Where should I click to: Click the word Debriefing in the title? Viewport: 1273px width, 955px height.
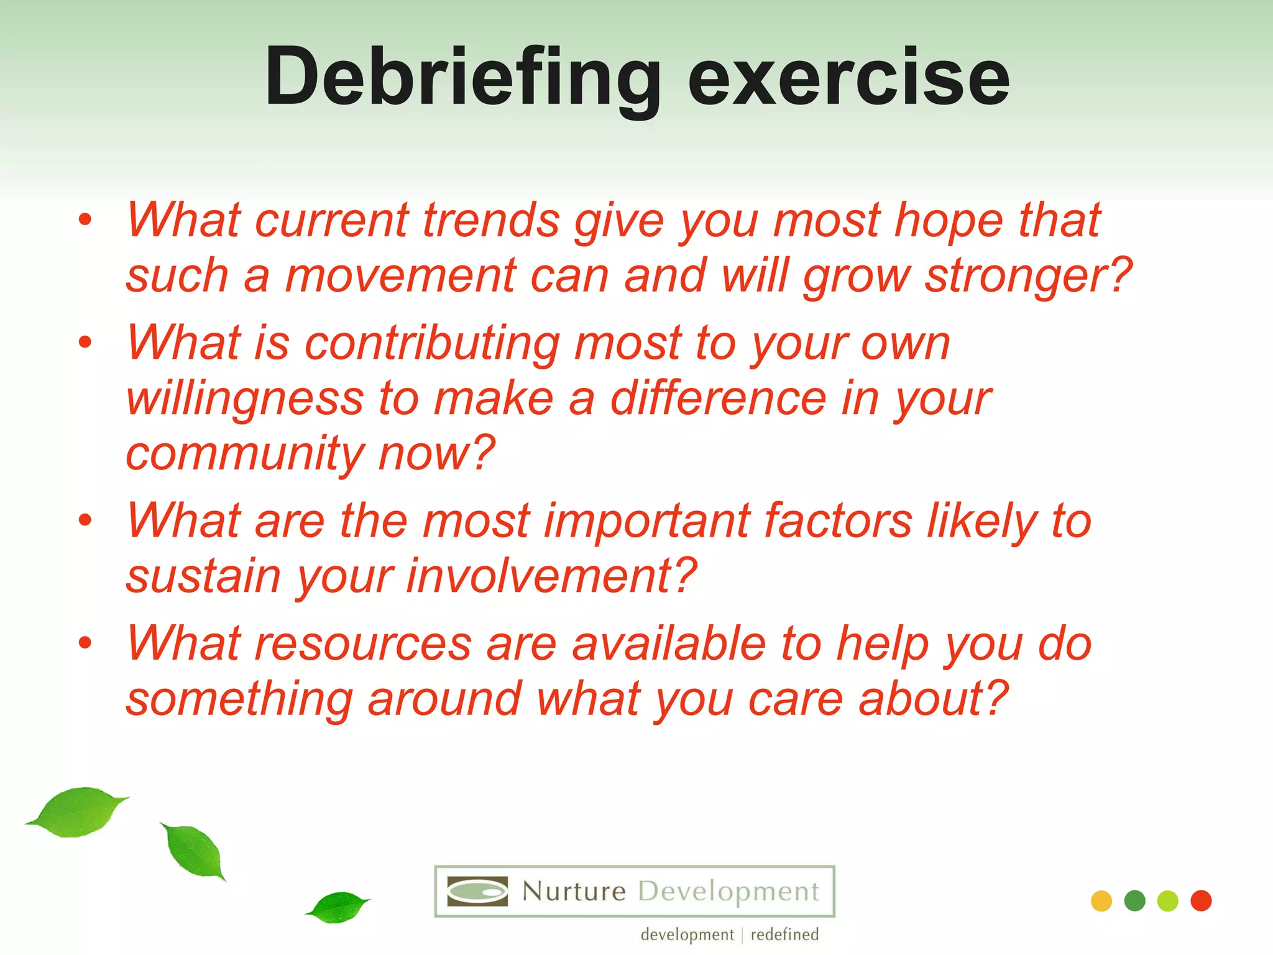tap(462, 78)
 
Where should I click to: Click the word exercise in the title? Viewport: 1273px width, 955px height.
tap(848, 78)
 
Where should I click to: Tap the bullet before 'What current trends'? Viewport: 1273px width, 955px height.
tap(85, 219)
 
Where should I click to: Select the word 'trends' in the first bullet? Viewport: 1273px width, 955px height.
tap(491, 220)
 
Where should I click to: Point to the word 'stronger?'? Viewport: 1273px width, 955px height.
tap(1029, 275)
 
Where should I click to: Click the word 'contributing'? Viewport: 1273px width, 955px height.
tap(432, 343)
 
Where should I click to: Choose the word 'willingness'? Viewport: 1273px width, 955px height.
tap(244, 399)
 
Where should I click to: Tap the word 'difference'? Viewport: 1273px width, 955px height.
tap(718, 399)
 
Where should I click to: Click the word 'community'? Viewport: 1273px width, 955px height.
tap(244, 454)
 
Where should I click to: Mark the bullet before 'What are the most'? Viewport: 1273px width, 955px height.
tap(85, 520)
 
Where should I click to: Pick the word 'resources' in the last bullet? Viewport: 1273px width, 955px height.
tap(363, 644)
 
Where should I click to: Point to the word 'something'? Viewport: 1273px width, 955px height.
tap(239, 699)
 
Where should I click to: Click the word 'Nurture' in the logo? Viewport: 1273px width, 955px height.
tap(574, 892)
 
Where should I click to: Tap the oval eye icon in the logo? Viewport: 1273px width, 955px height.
tap(477, 892)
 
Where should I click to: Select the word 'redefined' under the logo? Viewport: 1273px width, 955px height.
tap(784, 934)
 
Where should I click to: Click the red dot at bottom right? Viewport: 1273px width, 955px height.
tap(1201, 901)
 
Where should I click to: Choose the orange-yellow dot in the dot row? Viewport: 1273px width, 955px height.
tap(1101, 901)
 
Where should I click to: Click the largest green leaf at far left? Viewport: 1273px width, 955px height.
tap(78, 812)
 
